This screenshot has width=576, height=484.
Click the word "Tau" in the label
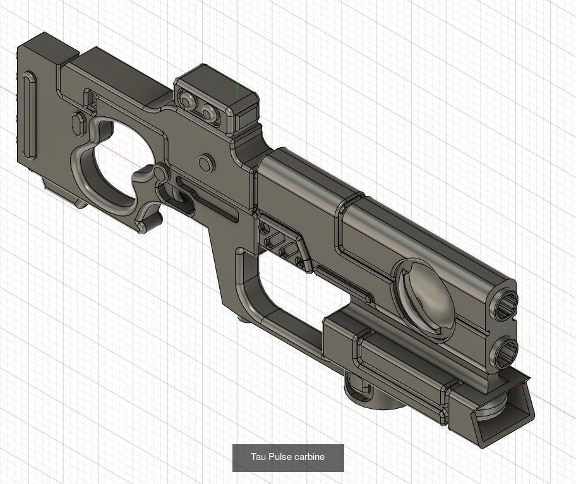pyautogui.click(x=258, y=457)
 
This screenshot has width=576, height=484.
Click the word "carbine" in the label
pyautogui.click(x=309, y=457)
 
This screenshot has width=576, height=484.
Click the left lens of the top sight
pyautogui.click(x=188, y=100)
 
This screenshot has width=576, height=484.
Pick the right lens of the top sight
pyautogui.click(x=208, y=112)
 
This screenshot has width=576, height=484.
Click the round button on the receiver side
pyautogui.click(x=206, y=164)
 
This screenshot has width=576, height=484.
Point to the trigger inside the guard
pyautogui.click(x=183, y=198)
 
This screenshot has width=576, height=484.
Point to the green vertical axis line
pyautogui.click(x=237, y=38)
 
